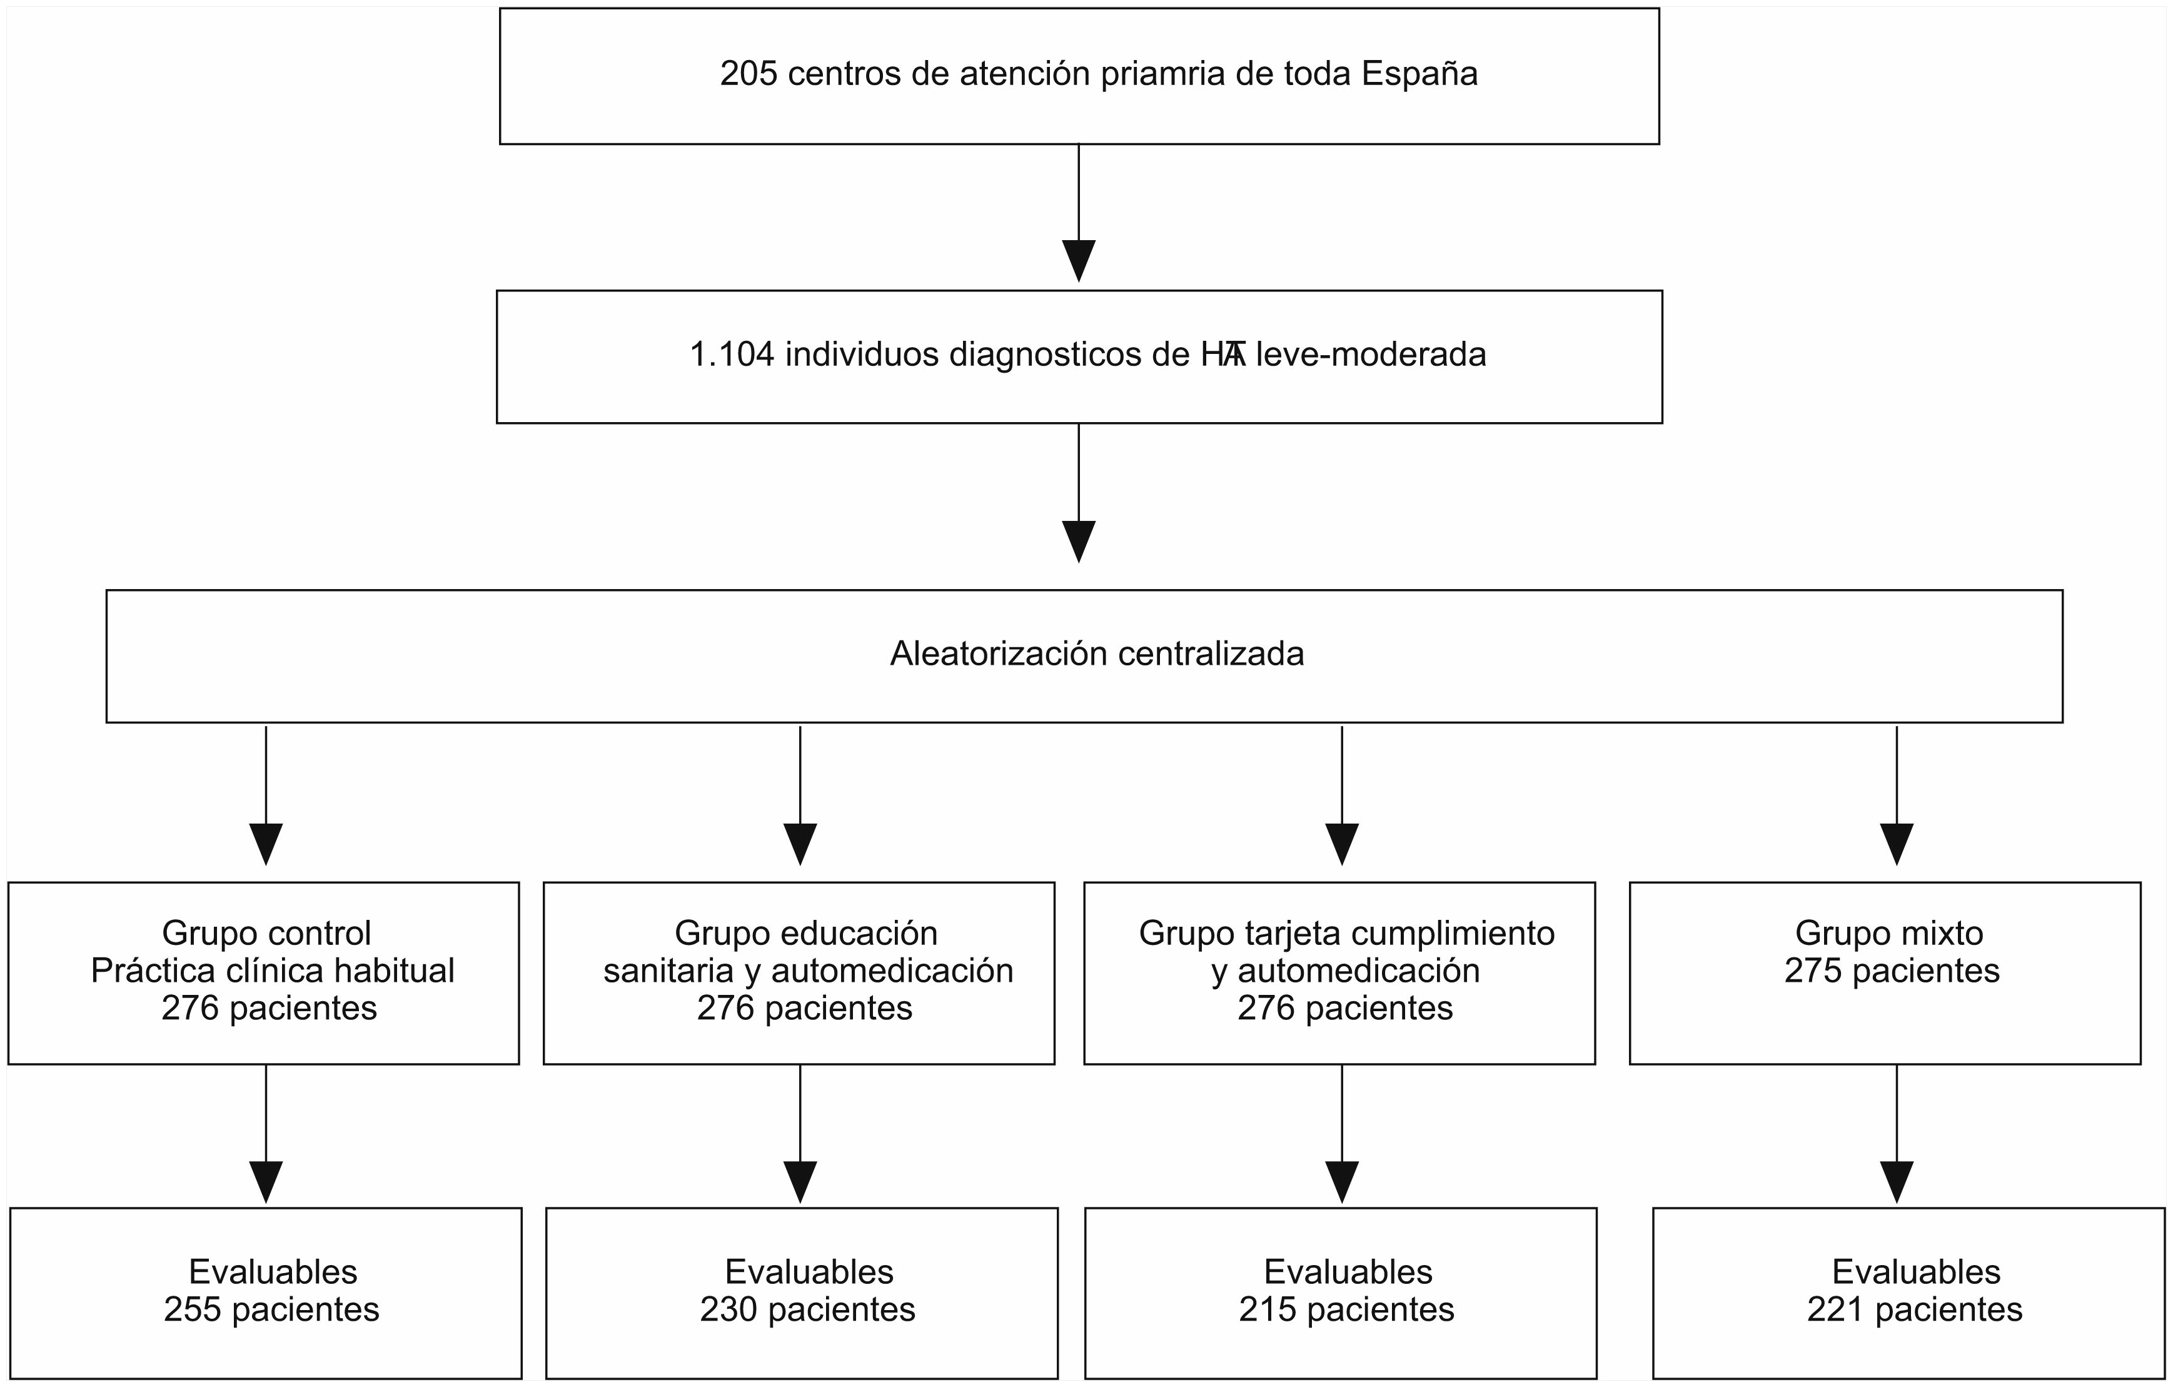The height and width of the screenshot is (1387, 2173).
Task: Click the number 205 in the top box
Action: click(748, 74)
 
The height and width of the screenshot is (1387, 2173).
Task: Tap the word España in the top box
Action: click(1419, 74)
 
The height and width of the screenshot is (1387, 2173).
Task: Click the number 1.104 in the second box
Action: click(732, 355)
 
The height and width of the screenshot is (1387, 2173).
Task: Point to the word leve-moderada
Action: click(1371, 355)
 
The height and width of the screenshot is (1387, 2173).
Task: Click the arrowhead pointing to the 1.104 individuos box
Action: click(1079, 261)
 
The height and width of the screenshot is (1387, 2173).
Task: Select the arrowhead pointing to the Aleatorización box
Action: click(1079, 542)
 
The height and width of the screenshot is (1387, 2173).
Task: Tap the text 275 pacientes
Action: click(1892, 971)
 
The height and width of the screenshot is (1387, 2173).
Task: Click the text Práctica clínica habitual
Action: click(273, 971)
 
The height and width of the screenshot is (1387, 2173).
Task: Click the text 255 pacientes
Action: click(271, 1309)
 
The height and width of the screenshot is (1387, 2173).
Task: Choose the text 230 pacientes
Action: click(808, 1309)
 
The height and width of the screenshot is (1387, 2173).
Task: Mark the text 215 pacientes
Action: click(1346, 1309)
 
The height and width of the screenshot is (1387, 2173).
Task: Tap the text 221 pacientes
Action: click(1915, 1309)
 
